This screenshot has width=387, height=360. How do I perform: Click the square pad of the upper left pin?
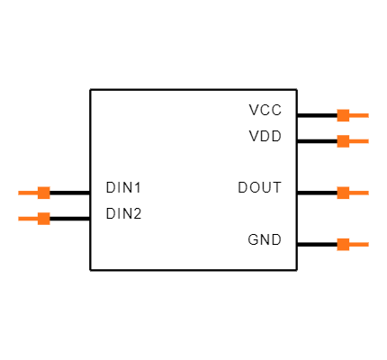pyautogui.click(x=43, y=193)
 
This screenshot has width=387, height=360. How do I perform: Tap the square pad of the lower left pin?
pyautogui.click(x=43, y=218)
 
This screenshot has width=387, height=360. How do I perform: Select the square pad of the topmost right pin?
pyautogui.click(x=343, y=115)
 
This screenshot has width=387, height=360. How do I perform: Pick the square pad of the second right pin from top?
pyautogui.click(x=343, y=140)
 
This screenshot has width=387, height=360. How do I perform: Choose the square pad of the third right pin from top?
pyautogui.click(x=343, y=193)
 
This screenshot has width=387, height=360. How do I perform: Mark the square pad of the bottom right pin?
pyautogui.click(x=343, y=244)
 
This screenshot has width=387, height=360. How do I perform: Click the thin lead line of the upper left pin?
pyautogui.click(x=28, y=193)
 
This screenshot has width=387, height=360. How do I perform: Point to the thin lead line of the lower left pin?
pyautogui.click(x=28, y=218)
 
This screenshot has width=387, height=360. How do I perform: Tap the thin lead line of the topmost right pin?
pyautogui.click(x=359, y=115)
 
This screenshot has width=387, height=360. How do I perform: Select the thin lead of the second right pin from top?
pyautogui.click(x=359, y=140)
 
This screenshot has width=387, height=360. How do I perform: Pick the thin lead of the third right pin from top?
pyautogui.click(x=359, y=193)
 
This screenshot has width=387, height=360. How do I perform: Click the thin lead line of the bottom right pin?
pyautogui.click(x=359, y=244)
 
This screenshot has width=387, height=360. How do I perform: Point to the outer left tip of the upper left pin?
pyautogui.click(x=19, y=193)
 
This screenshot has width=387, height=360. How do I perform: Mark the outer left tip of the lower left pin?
pyautogui.click(x=19, y=218)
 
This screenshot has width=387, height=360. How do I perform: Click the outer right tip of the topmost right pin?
pyautogui.click(x=368, y=115)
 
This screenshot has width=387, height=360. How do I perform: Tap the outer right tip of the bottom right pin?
pyautogui.click(x=368, y=244)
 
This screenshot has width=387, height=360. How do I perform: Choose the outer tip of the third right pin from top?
pyautogui.click(x=368, y=193)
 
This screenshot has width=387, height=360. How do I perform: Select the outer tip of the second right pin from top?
pyautogui.click(x=368, y=140)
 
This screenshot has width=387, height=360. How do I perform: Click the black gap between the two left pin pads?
pyautogui.click(x=43, y=205)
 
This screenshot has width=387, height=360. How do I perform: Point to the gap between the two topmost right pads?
pyautogui.click(x=343, y=128)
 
